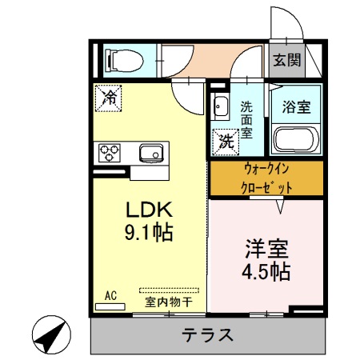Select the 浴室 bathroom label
tap(297, 106)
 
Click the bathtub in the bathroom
tap(297, 140)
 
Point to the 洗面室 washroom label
tap(247, 118)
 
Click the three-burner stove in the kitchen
tap(110, 152)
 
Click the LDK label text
tap(147, 210)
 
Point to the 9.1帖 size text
tap(147, 234)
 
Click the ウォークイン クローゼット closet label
tap(266, 178)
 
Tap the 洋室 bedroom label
tap(266, 248)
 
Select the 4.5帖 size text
tap(266, 271)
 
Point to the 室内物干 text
tap(168, 302)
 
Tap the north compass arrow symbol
tap(50, 335)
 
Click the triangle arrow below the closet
tap(281, 206)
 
